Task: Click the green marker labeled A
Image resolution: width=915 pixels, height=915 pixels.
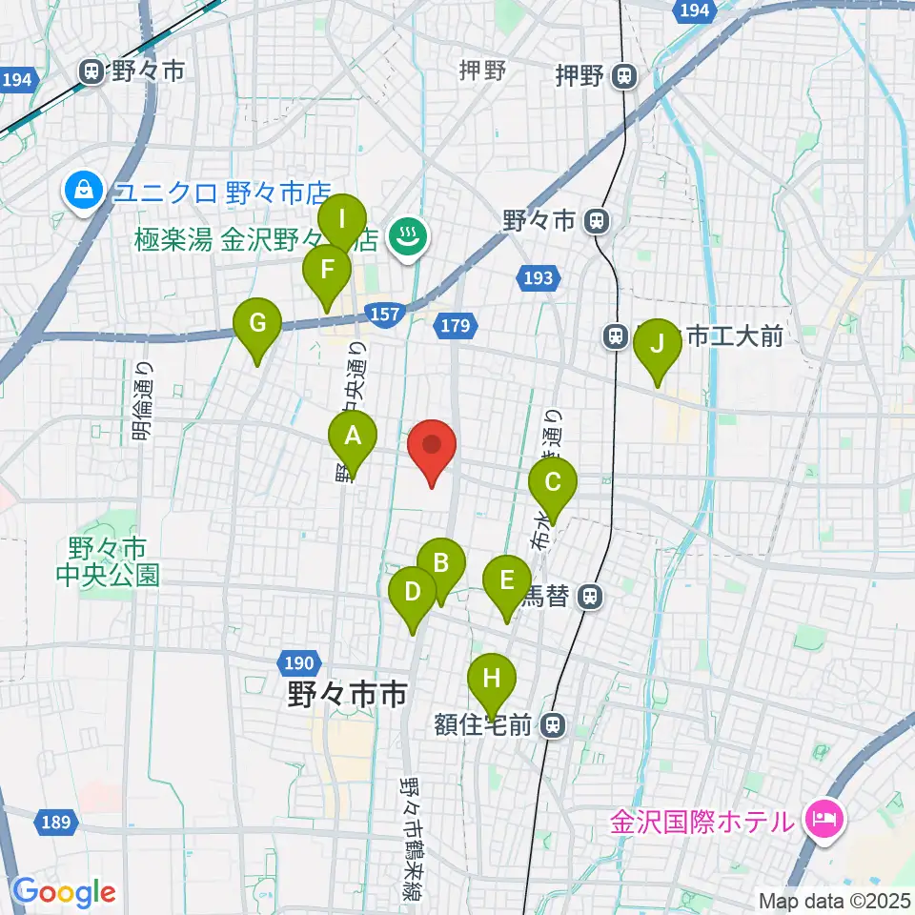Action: pos(353,437)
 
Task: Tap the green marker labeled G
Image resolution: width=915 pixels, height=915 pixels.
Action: pos(257,324)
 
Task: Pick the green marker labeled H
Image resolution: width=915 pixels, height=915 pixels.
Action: pos(492,680)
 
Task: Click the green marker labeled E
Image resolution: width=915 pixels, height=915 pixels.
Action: pos(507,580)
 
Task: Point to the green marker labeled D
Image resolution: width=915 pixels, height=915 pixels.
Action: pos(413,593)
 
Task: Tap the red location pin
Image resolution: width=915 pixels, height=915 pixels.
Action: pos(432,447)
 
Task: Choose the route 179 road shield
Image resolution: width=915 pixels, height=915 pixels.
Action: pos(456,327)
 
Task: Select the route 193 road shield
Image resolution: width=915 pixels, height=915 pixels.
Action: pos(537,278)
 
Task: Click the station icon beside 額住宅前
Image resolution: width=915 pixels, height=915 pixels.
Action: pos(552,726)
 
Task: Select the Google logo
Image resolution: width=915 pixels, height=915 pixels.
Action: pos(65,891)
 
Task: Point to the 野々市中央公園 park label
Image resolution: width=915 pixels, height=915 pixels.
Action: pos(107,562)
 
